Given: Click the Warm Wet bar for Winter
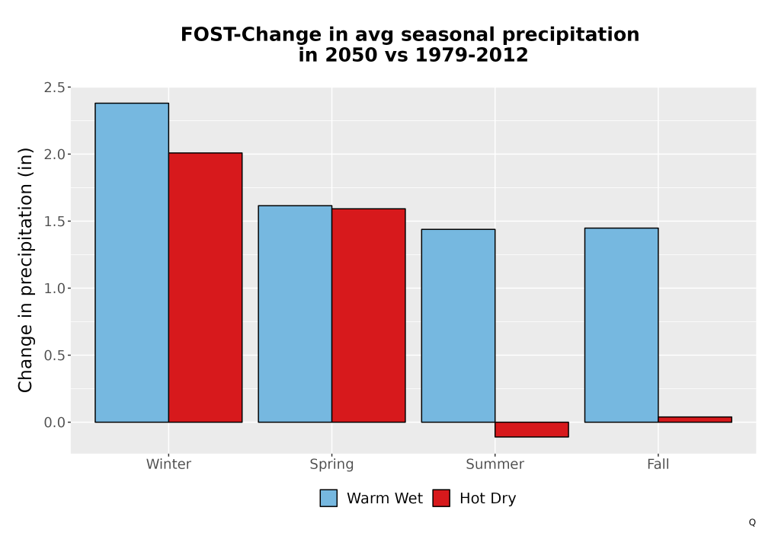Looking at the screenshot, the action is [132, 263].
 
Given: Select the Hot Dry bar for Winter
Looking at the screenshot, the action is [205, 287].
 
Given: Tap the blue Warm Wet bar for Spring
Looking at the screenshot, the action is [295, 314].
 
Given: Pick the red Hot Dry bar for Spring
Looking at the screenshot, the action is [368, 315].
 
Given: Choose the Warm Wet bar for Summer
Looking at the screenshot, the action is [458, 326].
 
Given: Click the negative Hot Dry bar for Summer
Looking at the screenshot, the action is [532, 429].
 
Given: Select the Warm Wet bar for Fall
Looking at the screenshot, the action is [622, 325].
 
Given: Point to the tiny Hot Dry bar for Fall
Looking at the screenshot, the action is [695, 420].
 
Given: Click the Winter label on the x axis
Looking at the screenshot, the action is [168, 464].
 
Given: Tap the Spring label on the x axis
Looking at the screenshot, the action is [332, 464].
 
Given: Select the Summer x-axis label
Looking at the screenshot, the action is [495, 464].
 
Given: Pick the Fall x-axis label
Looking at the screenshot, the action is [658, 464].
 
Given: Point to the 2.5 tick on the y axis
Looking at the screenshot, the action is [54, 88].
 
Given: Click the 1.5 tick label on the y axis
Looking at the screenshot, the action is [54, 222].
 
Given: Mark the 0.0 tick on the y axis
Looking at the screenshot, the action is [54, 423].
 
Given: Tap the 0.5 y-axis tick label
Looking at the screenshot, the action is [54, 356].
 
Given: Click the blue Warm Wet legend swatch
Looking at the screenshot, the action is [328, 498].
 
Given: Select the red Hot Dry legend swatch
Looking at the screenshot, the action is [441, 498].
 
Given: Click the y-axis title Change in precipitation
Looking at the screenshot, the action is [25, 270].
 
